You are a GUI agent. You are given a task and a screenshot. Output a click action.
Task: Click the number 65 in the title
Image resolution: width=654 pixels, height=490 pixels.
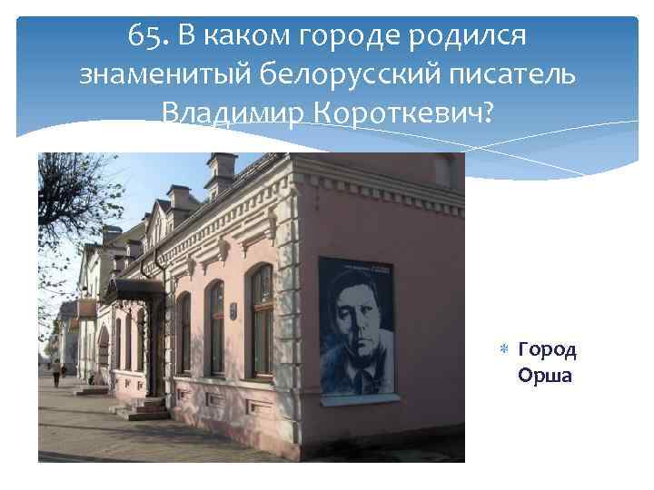(x=144, y=36)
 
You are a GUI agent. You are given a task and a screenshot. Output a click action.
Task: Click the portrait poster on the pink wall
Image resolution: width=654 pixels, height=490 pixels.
(x=355, y=326)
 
